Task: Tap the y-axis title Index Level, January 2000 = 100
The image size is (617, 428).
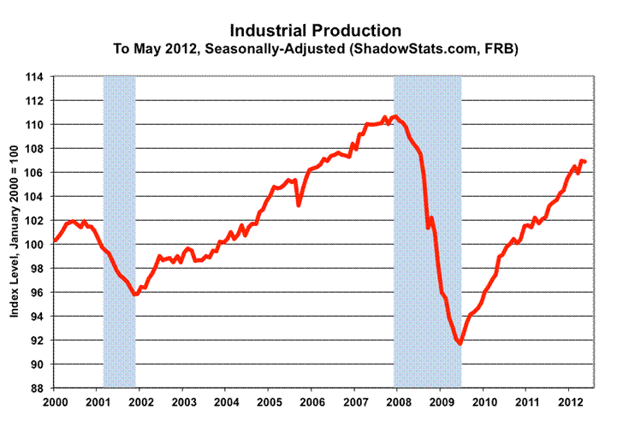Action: click(x=16, y=231)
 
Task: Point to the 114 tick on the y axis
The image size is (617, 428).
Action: click(x=39, y=77)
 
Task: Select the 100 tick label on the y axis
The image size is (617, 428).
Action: click(x=39, y=245)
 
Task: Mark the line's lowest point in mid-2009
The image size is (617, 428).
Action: click(x=460, y=343)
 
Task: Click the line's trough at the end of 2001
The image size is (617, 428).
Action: click(x=135, y=294)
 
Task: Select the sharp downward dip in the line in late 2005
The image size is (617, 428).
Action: click(x=299, y=205)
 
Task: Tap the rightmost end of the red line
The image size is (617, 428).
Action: click(x=584, y=162)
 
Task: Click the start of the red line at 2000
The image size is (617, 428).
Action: click(x=55, y=241)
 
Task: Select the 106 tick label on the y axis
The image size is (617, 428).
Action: click(x=39, y=173)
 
